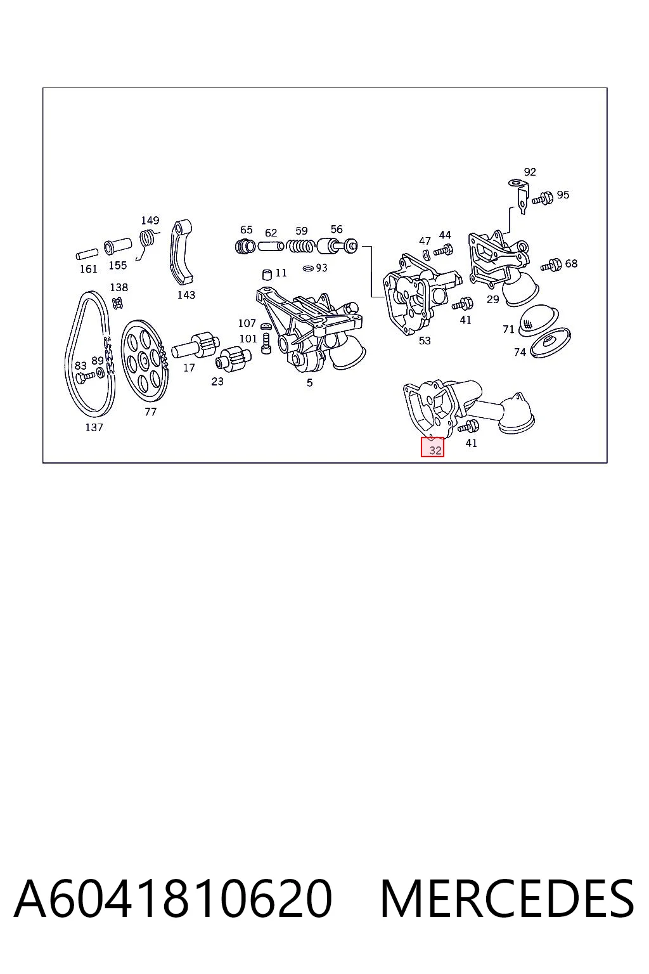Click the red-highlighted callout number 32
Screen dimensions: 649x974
click(435, 450)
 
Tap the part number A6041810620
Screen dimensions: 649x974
click(173, 899)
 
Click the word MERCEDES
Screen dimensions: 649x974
click(507, 899)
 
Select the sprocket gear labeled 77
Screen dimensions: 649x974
click(145, 361)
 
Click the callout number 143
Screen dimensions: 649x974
click(186, 295)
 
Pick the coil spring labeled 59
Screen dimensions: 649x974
click(300, 247)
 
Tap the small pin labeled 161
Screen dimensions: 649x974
click(87, 254)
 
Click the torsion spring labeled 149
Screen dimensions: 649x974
click(147, 243)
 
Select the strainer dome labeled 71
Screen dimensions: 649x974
click(539, 321)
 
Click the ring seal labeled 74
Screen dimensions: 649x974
click(551, 344)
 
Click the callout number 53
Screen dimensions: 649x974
click(425, 341)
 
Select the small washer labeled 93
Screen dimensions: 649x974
click(308, 268)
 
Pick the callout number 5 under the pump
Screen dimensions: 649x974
click(309, 382)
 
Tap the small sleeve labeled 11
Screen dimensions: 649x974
click(267, 275)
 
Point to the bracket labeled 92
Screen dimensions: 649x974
click(520, 196)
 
